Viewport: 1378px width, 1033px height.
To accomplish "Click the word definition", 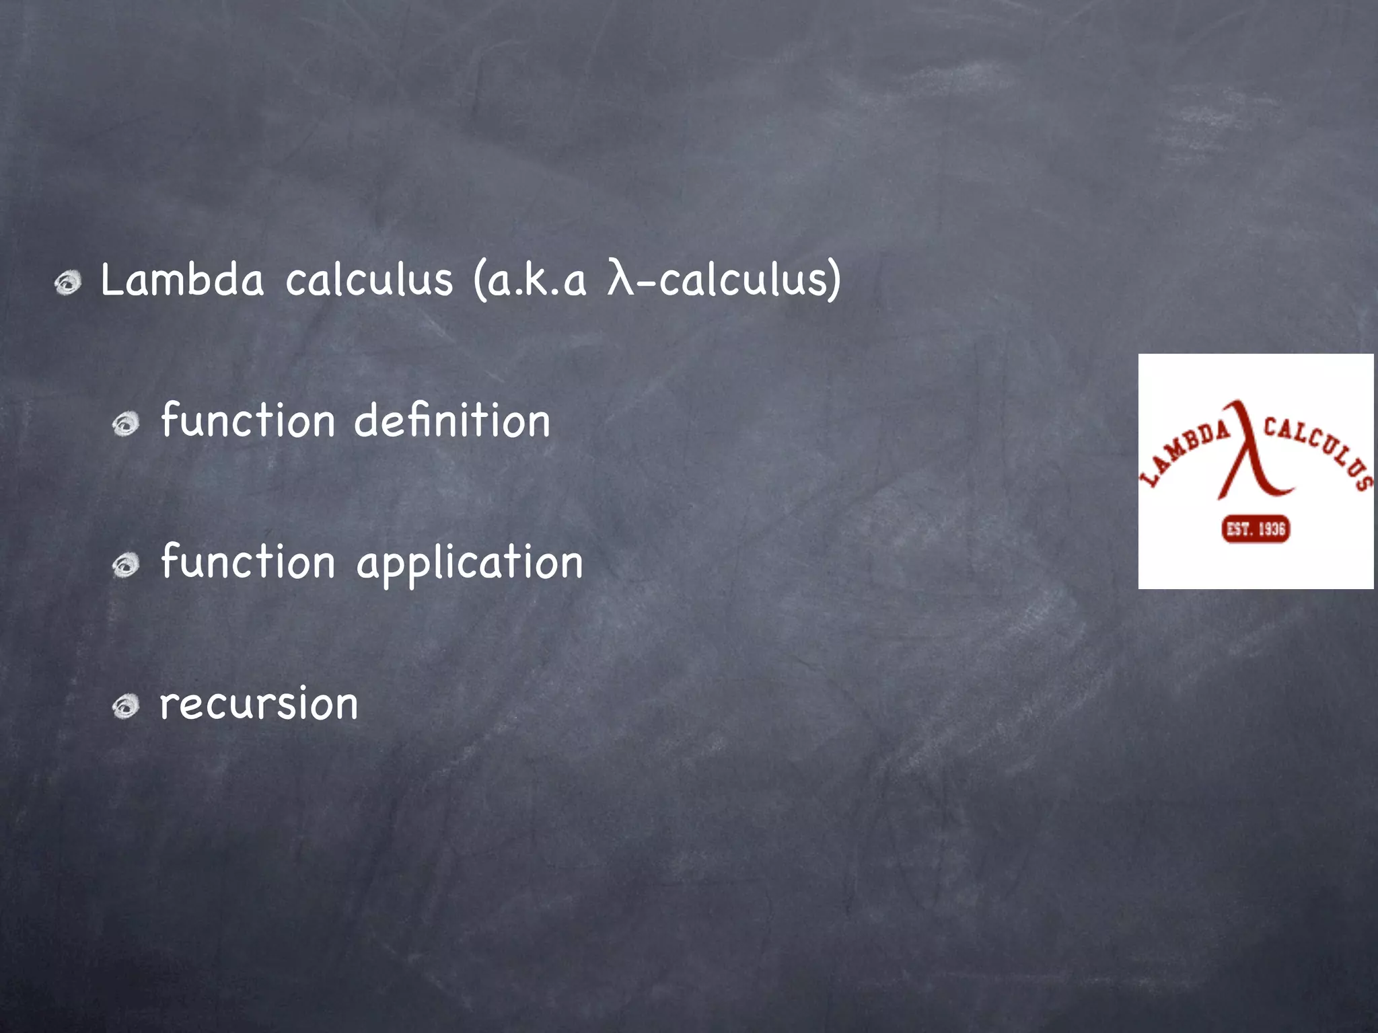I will click(452, 421).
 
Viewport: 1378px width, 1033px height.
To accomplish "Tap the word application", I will click(470, 564).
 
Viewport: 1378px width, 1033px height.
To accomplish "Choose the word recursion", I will click(259, 704).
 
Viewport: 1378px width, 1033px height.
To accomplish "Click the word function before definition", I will click(248, 421).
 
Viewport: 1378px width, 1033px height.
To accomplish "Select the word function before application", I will click(248, 562).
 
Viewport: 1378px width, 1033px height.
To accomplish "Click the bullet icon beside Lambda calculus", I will click(68, 282).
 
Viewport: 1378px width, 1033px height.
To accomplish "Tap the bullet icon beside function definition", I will click(126, 424).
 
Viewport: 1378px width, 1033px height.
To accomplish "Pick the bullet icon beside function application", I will click(126, 565).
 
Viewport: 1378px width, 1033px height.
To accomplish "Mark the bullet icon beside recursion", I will click(126, 707).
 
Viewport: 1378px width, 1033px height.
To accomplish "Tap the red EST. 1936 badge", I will click(1256, 529).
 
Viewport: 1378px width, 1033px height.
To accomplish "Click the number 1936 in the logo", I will click(1272, 529).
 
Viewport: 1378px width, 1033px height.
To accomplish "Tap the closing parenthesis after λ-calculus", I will click(834, 280).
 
